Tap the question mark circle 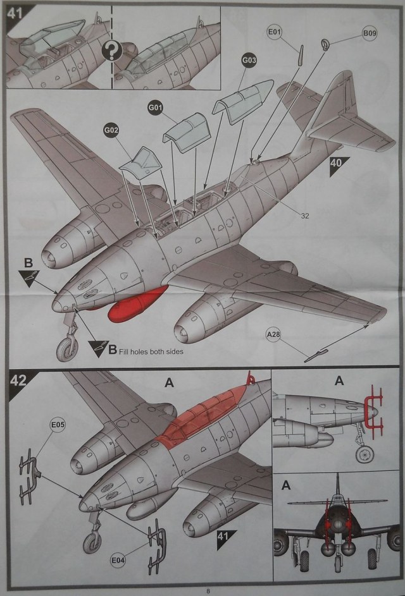[x=112, y=49]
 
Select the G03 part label [x=249, y=61]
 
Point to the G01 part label [x=156, y=107]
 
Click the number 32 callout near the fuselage [x=305, y=216]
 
